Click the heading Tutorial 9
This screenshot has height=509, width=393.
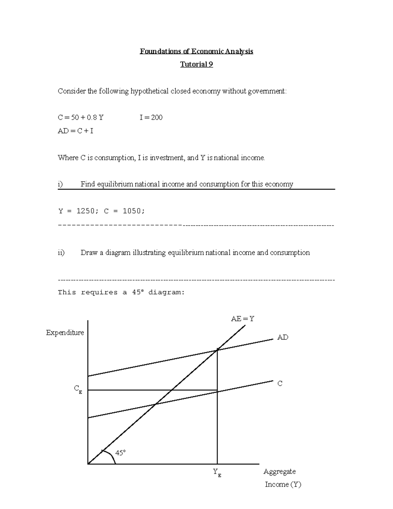[196, 64]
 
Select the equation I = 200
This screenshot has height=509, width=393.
[151, 117]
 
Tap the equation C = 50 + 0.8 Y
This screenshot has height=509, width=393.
[81, 117]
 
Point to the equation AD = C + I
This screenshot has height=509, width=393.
[75, 131]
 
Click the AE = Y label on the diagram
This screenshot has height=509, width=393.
[242, 319]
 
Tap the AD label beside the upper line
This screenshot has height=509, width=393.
[283, 337]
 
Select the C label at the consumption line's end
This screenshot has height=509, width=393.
[280, 383]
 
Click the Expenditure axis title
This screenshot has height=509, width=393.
[65, 333]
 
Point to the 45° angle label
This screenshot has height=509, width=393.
[120, 453]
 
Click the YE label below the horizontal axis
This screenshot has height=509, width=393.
[217, 473]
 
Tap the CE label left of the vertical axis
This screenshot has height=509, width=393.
[78, 389]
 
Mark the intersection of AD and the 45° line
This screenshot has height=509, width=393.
[217, 350]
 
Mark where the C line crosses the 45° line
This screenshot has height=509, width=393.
[156, 404]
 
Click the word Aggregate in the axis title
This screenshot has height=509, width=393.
[279, 472]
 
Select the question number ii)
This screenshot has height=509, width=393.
[61, 253]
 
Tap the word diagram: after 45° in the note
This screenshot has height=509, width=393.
[166, 292]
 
